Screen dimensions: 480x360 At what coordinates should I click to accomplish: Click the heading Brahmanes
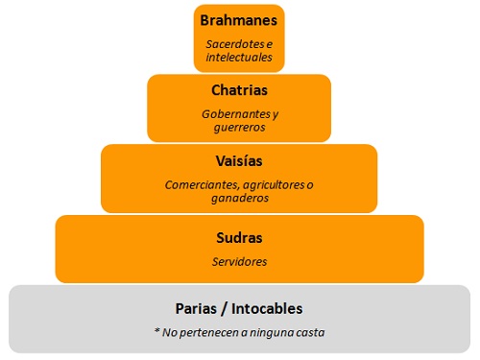(239, 19)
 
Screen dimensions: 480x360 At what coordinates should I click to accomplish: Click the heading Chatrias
(239, 91)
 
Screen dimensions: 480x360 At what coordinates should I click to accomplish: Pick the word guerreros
(239, 128)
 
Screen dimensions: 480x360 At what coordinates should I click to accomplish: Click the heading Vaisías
(239, 160)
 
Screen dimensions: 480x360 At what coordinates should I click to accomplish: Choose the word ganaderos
(239, 198)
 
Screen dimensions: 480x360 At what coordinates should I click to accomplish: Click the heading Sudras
(239, 236)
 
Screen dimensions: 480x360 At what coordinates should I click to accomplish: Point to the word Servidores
(239, 261)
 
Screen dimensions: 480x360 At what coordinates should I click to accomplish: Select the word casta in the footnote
(309, 333)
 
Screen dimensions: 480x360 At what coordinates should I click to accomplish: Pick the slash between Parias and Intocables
(223, 308)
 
